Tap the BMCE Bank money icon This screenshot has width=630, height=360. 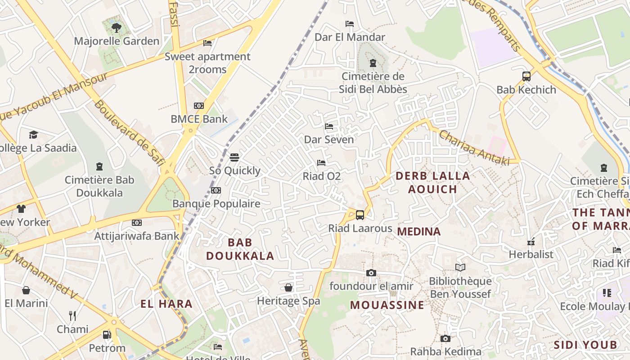pyautogui.click(x=199, y=106)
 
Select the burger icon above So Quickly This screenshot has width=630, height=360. pyautogui.click(x=234, y=157)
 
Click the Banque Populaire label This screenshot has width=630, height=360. pyautogui.click(x=216, y=204)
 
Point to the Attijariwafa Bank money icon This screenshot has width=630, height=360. pyautogui.click(x=137, y=223)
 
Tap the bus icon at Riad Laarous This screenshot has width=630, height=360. pyautogui.click(x=360, y=215)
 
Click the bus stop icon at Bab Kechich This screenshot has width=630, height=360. pyautogui.click(x=526, y=76)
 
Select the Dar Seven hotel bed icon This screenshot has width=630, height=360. pyautogui.click(x=329, y=126)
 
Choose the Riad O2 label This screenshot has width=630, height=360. pyautogui.click(x=322, y=176)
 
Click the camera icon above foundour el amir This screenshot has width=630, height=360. pyautogui.click(x=371, y=273)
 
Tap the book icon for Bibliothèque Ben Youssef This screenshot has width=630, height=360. pyautogui.click(x=460, y=268)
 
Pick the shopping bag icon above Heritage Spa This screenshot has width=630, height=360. pyautogui.click(x=288, y=288)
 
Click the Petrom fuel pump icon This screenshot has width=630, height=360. pyautogui.click(x=107, y=335)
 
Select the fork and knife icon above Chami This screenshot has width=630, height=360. pyautogui.click(x=72, y=316)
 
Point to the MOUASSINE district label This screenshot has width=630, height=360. pyautogui.click(x=387, y=305)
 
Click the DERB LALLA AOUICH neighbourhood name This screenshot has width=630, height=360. pyautogui.click(x=432, y=182)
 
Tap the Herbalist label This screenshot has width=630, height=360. pyautogui.click(x=531, y=254)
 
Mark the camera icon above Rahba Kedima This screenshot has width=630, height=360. pyautogui.click(x=445, y=338)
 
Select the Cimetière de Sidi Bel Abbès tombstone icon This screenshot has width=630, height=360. pyautogui.click(x=373, y=63)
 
